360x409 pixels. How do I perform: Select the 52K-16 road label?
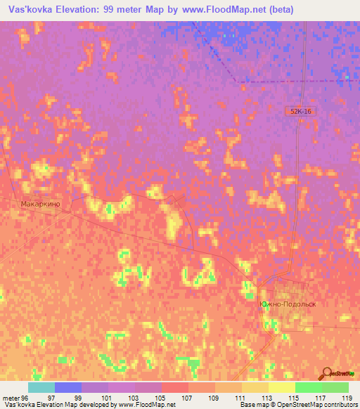(299, 111)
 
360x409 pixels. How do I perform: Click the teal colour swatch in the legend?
(41, 387)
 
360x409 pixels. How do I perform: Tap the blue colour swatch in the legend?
(68, 387)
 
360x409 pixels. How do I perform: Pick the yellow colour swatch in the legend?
(282, 387)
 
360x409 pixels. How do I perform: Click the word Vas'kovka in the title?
(30, 9)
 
